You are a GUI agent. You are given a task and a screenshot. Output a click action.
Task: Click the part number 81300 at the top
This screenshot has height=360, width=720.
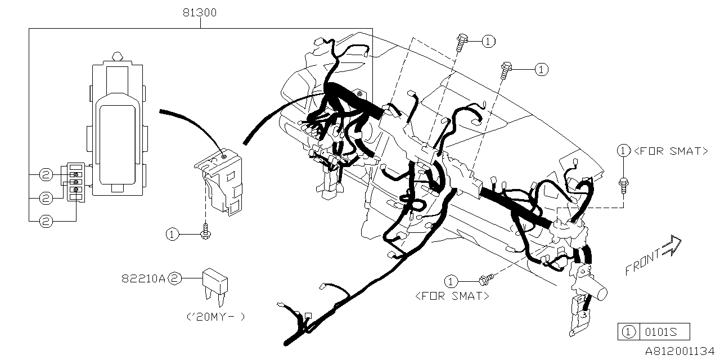click(x=200, y=12)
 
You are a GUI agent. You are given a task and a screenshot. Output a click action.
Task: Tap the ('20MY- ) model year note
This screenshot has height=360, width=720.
click(x=215, y=316)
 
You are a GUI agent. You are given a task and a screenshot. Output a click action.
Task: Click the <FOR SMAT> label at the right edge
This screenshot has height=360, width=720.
click(x=670, y=151)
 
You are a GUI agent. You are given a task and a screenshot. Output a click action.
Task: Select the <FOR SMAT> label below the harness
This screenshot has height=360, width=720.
click(x=452, y=296)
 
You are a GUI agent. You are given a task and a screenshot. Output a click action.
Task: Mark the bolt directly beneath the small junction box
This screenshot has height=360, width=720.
click(x=206, y=232)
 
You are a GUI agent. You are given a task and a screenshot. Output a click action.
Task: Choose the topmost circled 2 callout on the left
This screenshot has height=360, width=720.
click(x=46, y=175)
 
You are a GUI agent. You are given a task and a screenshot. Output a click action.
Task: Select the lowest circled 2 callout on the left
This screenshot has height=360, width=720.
click(x=46, y=222)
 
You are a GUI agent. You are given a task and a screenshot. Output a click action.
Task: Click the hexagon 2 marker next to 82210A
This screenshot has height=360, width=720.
click(x=175, y=278)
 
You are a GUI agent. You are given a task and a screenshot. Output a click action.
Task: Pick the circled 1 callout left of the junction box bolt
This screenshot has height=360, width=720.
click(x=172, y=234)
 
